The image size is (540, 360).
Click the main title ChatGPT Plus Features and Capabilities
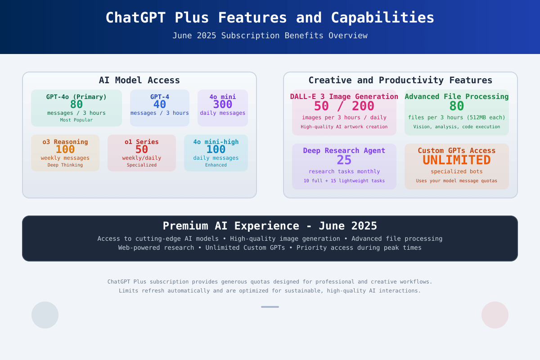(270, 18)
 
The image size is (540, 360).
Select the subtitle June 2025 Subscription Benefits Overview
(270, 36)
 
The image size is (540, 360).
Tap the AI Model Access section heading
(139, 80)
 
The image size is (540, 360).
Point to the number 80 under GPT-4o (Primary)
(76, 105)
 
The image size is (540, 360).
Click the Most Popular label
(76, 120)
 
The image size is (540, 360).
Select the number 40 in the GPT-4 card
(160, 105)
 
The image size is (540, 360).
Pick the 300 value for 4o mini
(222, 105)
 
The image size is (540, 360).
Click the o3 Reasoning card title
(65, 142)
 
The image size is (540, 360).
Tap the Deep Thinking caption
(65, 165)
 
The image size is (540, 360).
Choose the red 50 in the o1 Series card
(141, 150)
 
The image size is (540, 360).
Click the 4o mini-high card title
(216, 142)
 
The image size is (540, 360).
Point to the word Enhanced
(216, 165)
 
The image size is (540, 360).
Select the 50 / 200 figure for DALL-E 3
(344, 106)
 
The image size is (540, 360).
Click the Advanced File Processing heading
(457, 97)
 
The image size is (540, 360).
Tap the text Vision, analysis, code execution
(457, 127)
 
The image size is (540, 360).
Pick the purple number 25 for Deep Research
(344, 160)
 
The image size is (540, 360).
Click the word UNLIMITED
(457, 160)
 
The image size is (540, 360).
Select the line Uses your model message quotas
(457, 181)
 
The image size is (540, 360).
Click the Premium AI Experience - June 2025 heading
(270, 226)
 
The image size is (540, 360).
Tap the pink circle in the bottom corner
(495, 315)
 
